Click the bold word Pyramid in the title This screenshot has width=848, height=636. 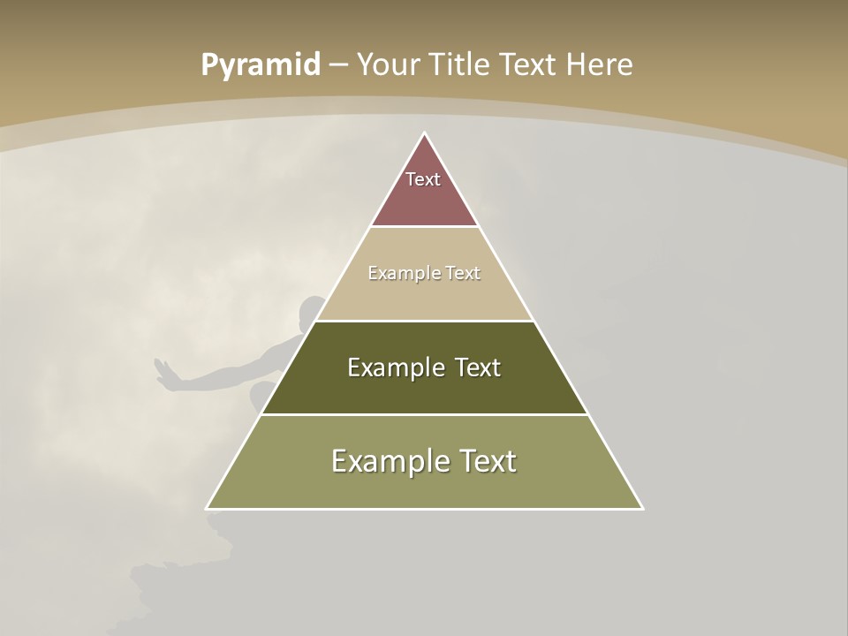261,65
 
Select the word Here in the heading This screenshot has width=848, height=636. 599,65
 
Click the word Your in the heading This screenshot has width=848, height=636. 388,65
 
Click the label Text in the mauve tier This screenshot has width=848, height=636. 423,179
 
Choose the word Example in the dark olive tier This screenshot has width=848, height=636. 389,367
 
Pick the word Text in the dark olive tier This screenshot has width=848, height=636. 478,367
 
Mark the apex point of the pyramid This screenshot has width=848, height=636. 424,133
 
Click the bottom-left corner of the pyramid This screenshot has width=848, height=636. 208,508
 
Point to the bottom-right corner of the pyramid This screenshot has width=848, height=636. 641,508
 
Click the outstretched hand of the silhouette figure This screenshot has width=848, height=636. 164,374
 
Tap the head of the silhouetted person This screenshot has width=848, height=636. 309,311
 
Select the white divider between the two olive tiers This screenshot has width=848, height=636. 424,414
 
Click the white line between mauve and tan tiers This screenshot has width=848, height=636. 424,227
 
